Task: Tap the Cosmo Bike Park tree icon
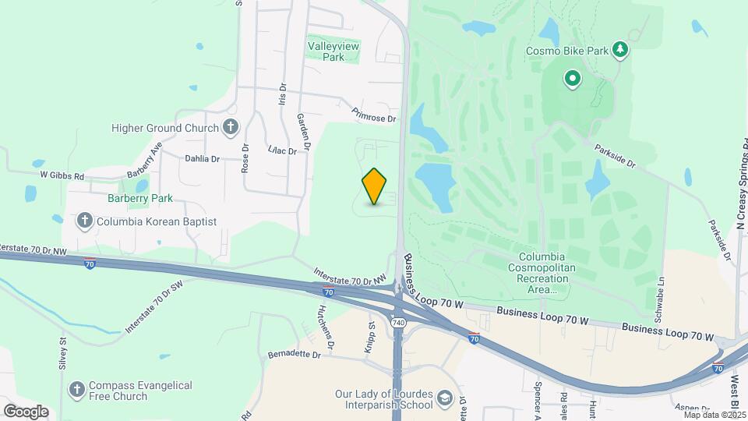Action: pos(620,50)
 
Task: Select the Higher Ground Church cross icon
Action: pos(231,128)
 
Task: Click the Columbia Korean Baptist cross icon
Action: pos(85,221)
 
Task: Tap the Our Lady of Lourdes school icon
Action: pos(445,398)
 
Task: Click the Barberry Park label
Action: pos(140,198)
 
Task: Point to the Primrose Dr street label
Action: pos(374,115)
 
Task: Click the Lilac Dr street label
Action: pos(282,149)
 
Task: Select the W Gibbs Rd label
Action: pos(62,176)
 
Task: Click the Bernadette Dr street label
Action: pos(294,354)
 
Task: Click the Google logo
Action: pos(26,411)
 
